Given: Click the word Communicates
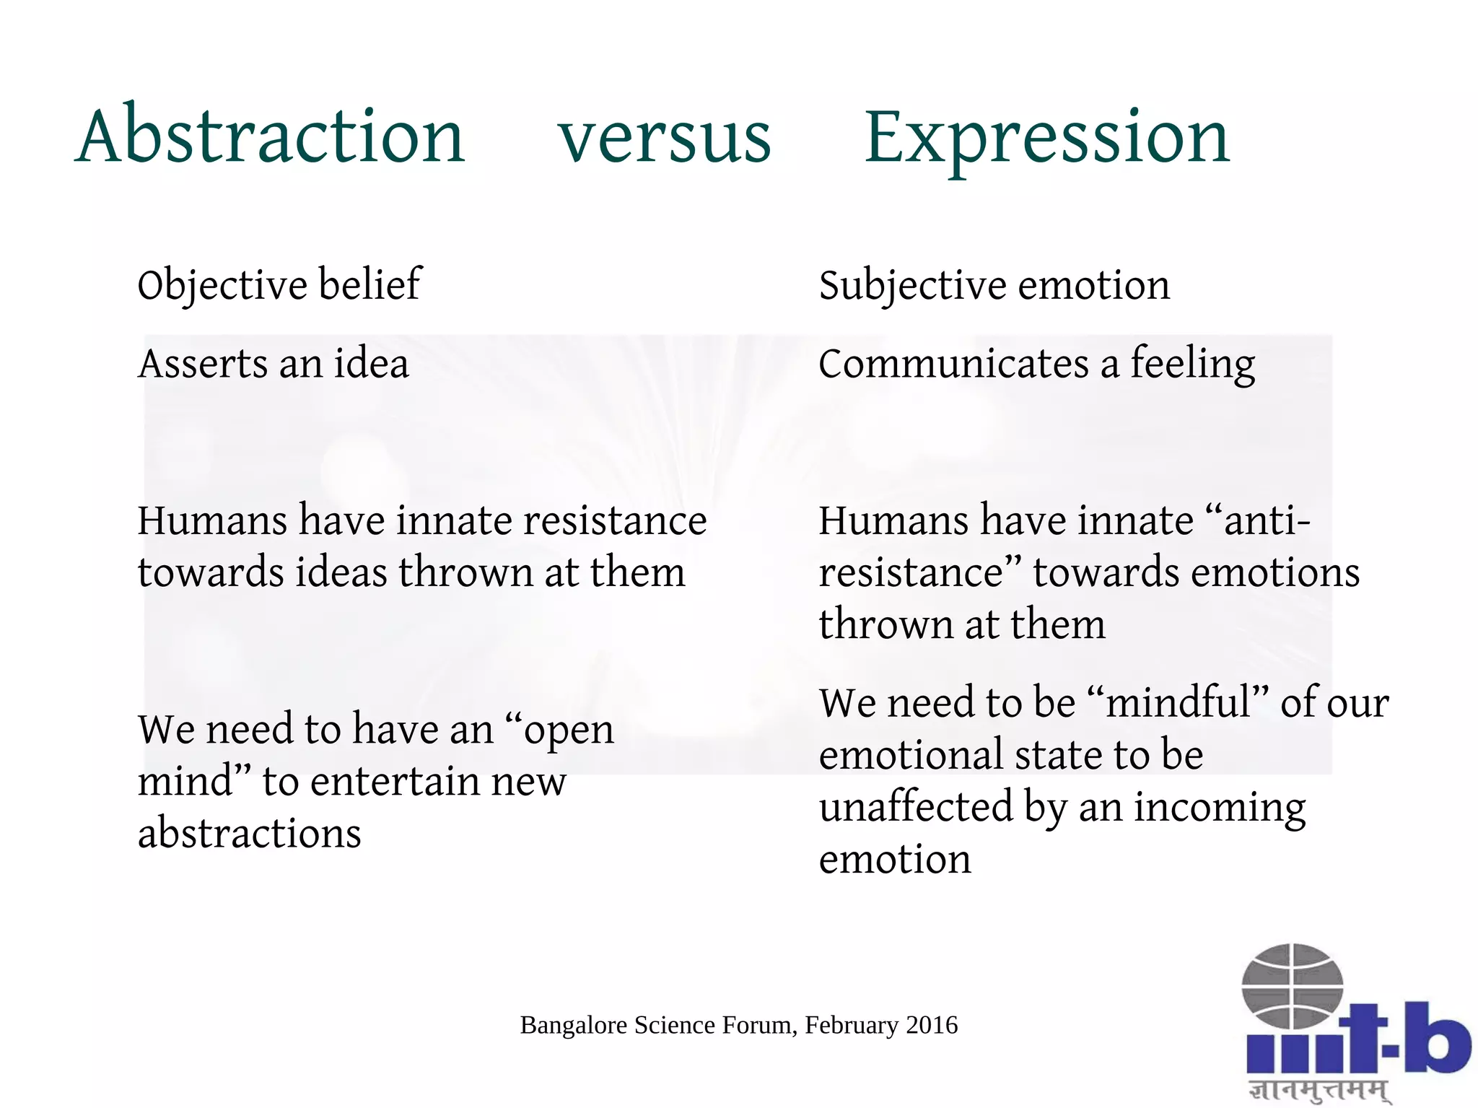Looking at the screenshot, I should click(953, 363).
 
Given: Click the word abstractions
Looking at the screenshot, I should click(249, 833).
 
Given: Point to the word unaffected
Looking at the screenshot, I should click(916, 807).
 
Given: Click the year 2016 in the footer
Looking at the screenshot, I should click(932, 1025).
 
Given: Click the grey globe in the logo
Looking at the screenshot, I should click(1292, 985).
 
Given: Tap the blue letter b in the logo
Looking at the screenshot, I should click(1438, 1039).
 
